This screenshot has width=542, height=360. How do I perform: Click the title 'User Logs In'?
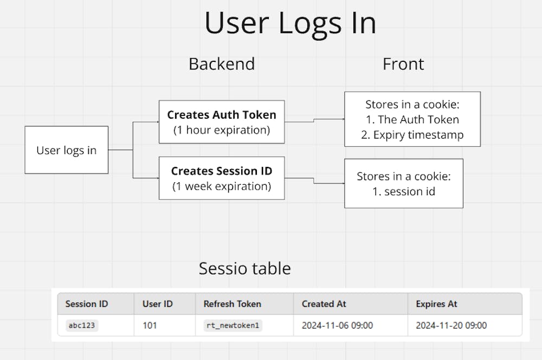290,23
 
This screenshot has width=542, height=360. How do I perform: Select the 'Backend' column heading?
221,64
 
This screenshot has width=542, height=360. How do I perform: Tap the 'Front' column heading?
403,64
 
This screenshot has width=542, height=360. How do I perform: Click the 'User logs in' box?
66,150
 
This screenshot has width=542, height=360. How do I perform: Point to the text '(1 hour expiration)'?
221,130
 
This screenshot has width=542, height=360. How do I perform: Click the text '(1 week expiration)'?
221,186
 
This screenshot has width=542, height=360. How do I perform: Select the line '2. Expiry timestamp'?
412,135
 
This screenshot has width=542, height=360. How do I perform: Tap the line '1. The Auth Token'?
412,120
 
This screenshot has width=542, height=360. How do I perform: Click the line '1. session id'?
404,191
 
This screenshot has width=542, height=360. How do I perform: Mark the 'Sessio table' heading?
244,268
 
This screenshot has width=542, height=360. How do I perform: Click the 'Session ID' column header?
87,304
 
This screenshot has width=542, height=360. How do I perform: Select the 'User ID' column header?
157,304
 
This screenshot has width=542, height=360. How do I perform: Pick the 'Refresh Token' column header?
232,304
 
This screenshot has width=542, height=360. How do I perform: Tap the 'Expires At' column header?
437,304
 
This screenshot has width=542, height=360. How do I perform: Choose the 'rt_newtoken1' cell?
233,325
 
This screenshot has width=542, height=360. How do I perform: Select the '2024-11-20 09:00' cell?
451,325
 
